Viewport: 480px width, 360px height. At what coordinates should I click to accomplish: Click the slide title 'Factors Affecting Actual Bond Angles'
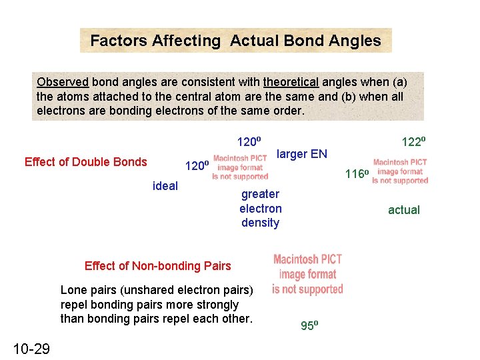coord(235,41)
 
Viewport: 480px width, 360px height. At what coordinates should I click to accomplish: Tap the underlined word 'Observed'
coord(63,82)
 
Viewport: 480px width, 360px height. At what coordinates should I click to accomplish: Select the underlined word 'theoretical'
coord(291,82)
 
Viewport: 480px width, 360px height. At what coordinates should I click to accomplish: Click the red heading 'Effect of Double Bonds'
coord(85,162)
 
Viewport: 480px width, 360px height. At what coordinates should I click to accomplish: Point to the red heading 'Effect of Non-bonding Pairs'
coord(157,266)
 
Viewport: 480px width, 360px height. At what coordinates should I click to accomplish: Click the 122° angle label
coord(413,141)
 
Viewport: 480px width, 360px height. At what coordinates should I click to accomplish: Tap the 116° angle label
coord(357,175)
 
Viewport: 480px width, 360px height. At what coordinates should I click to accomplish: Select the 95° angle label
coord(309,326)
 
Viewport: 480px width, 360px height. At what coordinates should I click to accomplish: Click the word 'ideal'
coord(165,186)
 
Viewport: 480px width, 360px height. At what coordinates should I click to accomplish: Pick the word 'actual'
coord(404,210)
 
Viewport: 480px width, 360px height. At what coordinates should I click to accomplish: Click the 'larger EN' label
coord(301,154)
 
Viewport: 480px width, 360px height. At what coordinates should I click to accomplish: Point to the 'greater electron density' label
coord(260,208)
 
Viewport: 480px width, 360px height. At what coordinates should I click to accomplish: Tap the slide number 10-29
coord(31,348)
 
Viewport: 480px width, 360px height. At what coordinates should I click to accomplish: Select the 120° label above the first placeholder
coord(249,141)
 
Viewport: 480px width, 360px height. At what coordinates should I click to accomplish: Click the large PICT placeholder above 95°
coord(307,274)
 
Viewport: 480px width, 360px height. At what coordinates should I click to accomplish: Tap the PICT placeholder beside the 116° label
coord(400,171)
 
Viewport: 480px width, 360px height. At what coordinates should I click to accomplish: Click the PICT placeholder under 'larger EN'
coord(240,167)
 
